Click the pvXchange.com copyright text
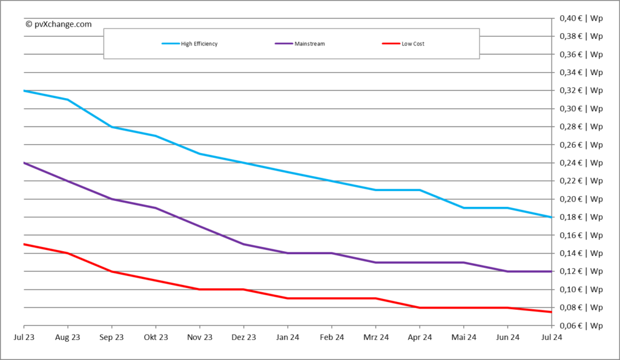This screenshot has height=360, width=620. [59, 24]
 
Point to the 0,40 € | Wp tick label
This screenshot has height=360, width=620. [580, 18]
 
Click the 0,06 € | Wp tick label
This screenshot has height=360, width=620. [580, 326]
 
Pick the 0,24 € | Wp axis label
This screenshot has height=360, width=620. [580, 163]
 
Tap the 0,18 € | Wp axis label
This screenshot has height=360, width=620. [580, 217]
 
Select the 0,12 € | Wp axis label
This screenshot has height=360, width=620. [580, 271]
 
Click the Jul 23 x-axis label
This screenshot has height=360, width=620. [24, 337]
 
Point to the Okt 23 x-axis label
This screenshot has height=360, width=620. [156, 337]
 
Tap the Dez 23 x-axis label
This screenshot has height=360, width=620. [243, 337]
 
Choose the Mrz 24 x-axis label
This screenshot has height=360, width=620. [375, 337]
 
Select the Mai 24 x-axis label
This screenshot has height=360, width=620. [463, 337]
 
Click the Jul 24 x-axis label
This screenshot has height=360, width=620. [551, 337]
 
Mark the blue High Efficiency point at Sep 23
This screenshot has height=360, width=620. [111, 126]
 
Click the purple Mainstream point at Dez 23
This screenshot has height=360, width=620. [243, 244]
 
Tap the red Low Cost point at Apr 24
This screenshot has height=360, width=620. [420, 307]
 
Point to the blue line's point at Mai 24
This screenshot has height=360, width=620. [463, 208]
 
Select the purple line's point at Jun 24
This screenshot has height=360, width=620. [507, 271]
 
